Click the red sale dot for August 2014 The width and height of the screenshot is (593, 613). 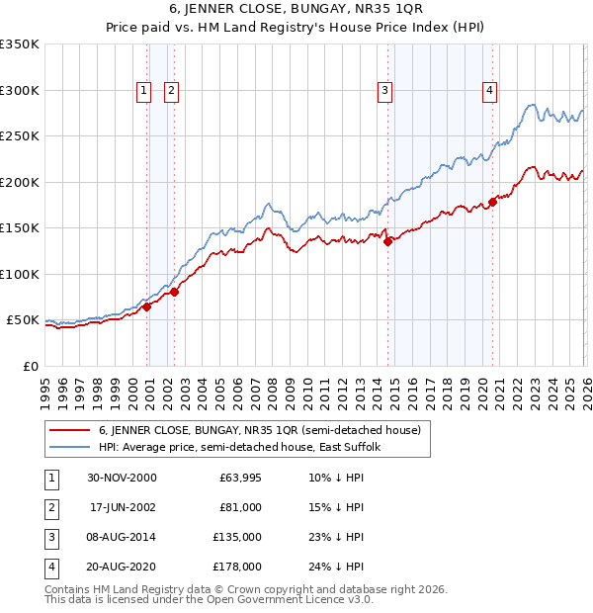point(387,240)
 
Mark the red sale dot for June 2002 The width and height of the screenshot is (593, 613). point(175,292)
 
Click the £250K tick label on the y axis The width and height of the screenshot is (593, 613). point(20,136)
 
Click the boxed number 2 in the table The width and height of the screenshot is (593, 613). point(49,507)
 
